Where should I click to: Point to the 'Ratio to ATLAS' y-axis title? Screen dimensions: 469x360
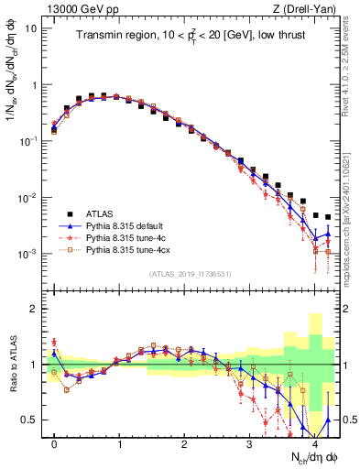(15, 365)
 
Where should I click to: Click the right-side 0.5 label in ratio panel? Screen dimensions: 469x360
(349, 420)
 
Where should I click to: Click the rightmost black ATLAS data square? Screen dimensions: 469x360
(328, 217)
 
